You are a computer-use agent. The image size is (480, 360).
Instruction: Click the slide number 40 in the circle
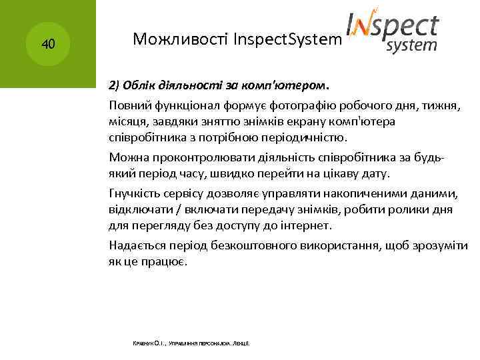(x=48, y=45)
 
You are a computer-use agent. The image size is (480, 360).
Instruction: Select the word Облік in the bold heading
(x=135, y=85)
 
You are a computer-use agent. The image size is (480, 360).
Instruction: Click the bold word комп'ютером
(x=293, y=85)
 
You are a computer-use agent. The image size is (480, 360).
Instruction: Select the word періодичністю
(x=304, y=137)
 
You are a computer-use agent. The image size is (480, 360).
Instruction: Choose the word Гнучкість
(x=136, y=193)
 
